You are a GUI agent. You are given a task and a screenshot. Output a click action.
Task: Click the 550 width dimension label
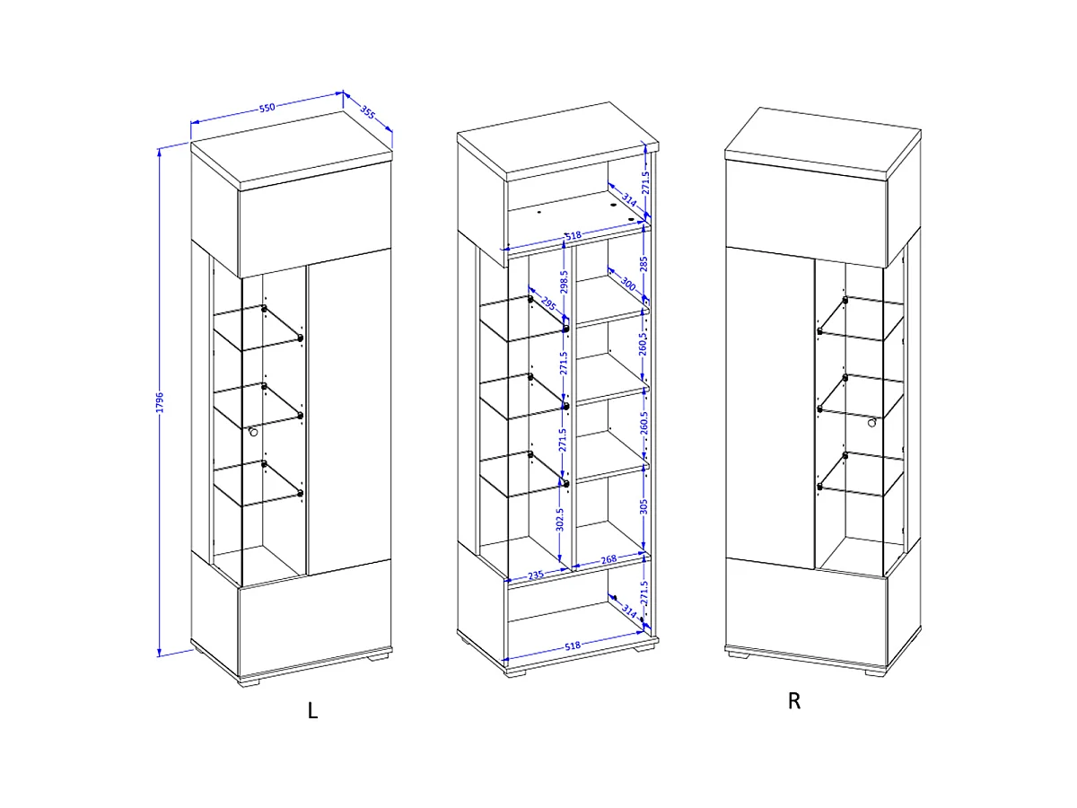[267, 108]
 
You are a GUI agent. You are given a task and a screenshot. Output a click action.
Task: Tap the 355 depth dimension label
[367, 112]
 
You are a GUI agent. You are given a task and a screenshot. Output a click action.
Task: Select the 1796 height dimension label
[160, 402]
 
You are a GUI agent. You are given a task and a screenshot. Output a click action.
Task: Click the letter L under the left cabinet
[313, 710]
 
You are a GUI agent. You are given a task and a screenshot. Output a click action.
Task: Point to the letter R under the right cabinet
[794, 701]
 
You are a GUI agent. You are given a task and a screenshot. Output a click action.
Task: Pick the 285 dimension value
[644, 264]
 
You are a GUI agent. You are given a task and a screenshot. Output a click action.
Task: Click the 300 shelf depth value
[628, 284]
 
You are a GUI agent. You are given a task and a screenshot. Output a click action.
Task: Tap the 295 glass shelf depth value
[548, 304]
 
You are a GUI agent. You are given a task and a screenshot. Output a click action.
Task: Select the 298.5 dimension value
[564, 282]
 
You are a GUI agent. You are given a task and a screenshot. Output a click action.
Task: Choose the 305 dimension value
[644, 506]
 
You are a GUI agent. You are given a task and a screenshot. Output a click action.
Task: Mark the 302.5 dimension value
[560, 520]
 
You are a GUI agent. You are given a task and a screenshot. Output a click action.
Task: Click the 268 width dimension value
[609, 559]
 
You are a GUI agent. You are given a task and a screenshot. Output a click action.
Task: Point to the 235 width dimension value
[536, 575]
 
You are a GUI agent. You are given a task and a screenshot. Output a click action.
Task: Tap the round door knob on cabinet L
[253, 432]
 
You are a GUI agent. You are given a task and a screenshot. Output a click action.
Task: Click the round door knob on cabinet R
[871, 422]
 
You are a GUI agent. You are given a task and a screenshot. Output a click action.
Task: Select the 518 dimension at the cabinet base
[573, 646]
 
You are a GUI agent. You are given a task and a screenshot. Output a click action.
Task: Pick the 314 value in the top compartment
[629, 199]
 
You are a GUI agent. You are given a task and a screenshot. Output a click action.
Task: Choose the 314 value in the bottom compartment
[629, 611]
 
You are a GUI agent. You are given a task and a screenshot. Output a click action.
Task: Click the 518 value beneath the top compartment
[574, 235]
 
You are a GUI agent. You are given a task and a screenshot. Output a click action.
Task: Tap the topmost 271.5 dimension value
[645, 182]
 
